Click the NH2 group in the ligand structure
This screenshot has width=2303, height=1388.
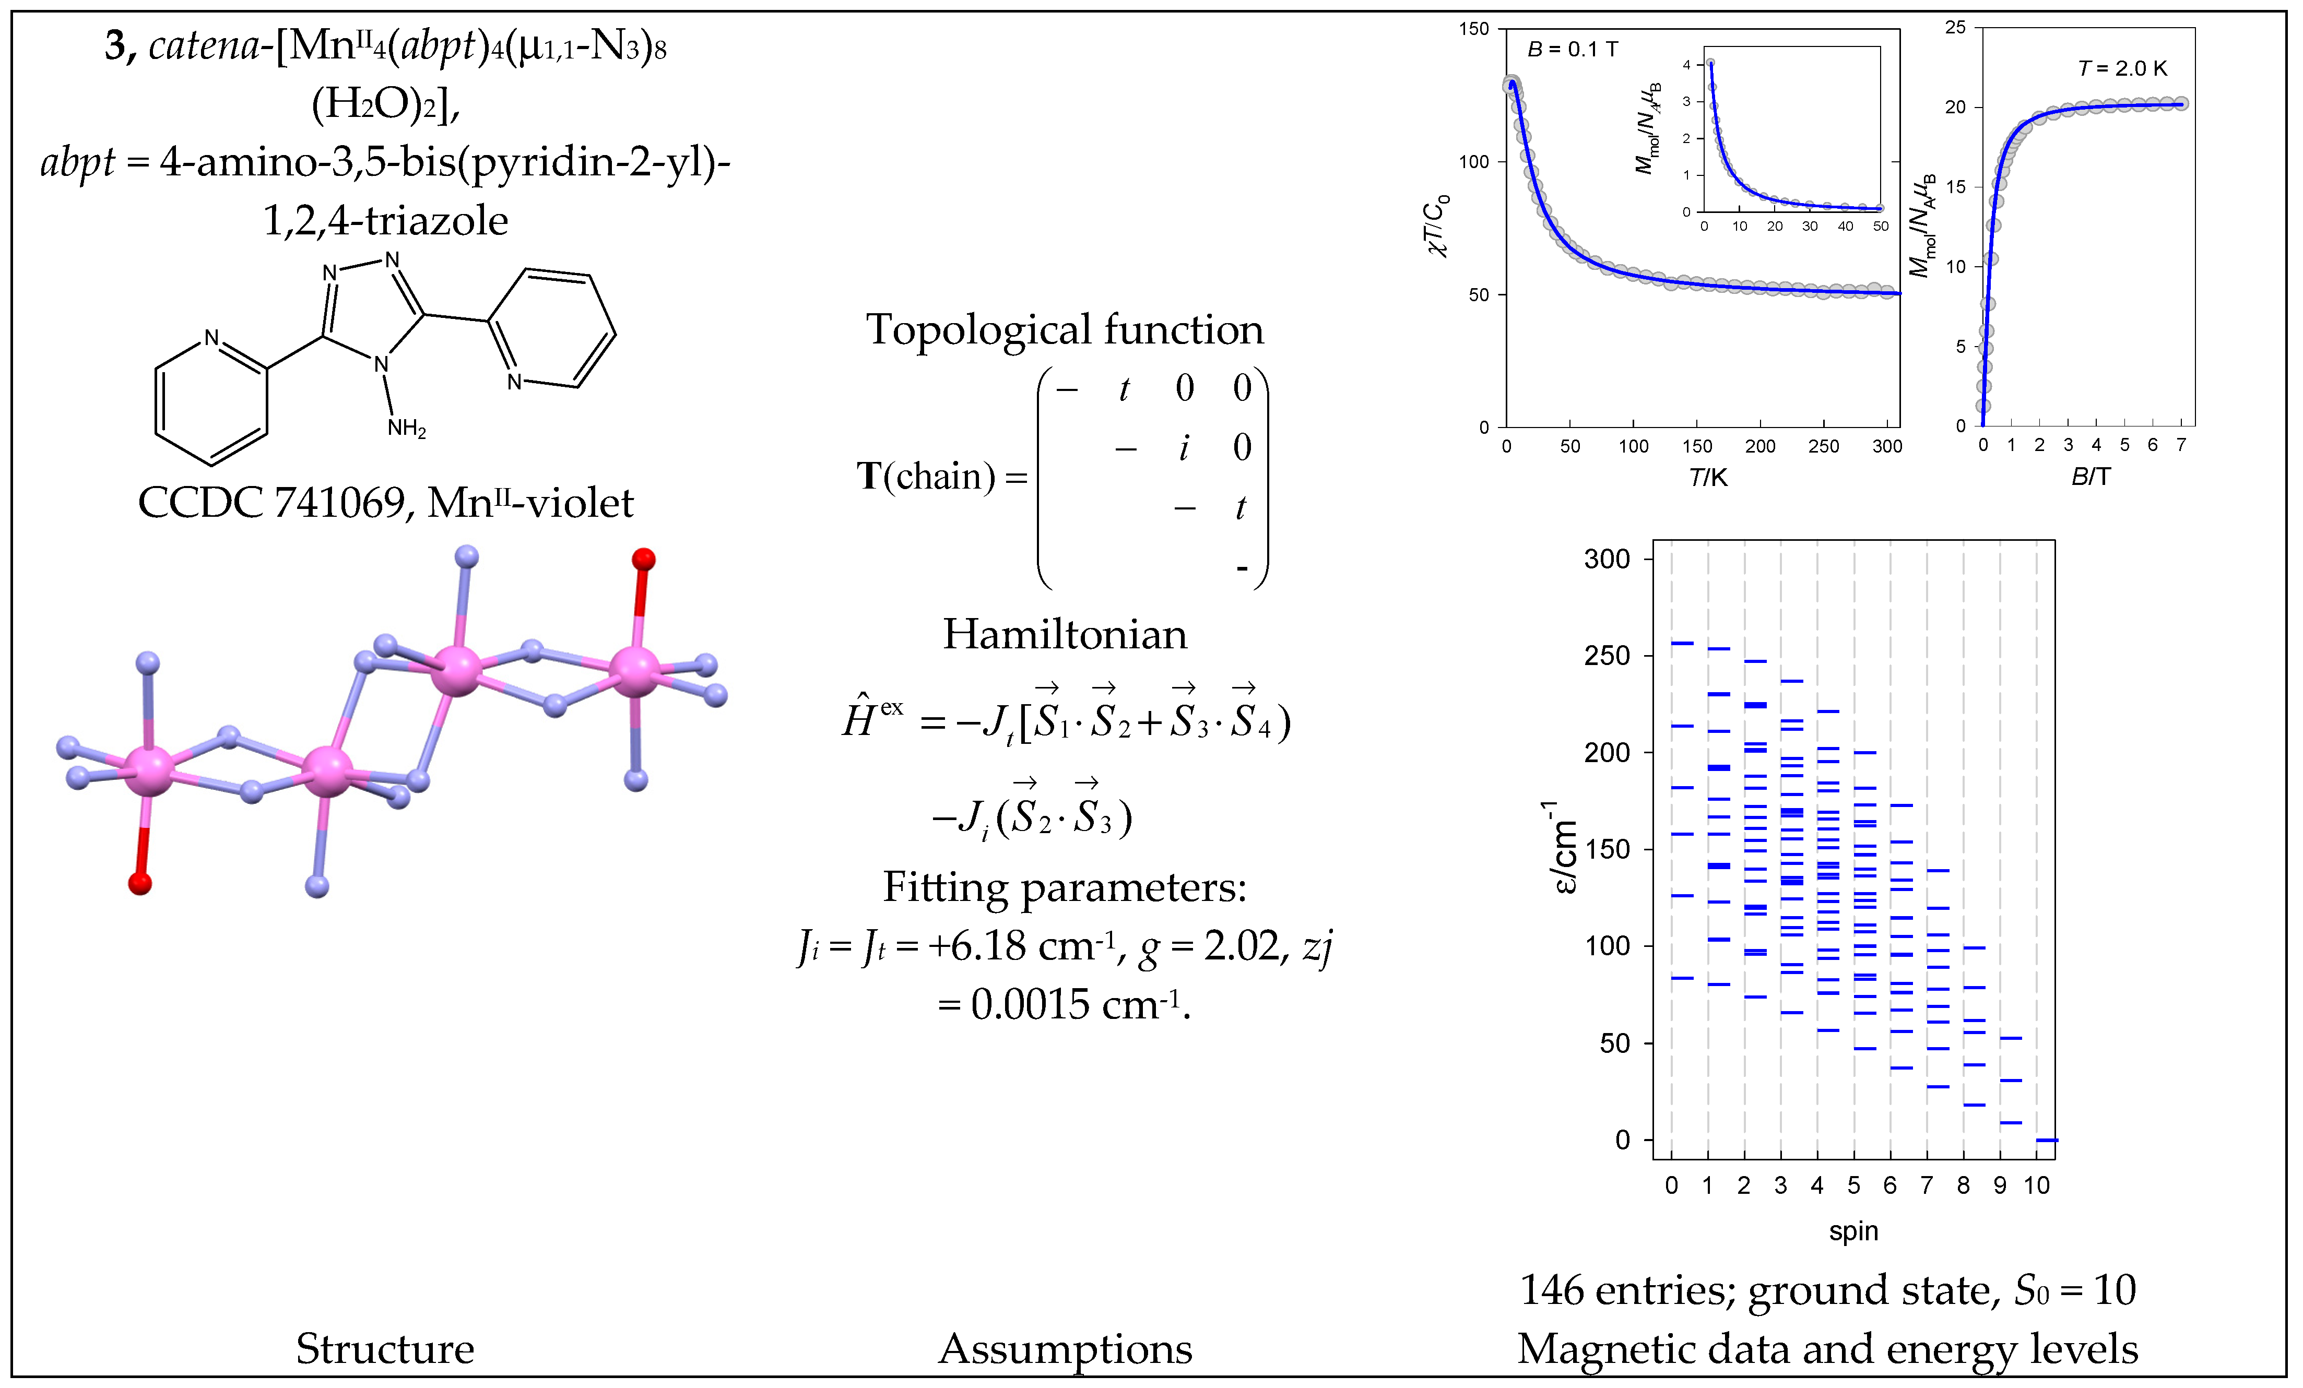tap(407, 429)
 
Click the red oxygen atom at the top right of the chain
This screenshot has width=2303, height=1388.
tap(643, 560)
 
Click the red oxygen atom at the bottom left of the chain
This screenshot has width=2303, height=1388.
tap(140, 882)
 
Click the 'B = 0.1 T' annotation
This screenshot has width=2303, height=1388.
tap(1572, 50)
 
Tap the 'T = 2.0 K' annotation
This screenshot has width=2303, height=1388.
tap(2122, 68)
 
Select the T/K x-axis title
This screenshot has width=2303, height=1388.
tap(1708, 478)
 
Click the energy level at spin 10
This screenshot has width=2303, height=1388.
tap(2046, 1140)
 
